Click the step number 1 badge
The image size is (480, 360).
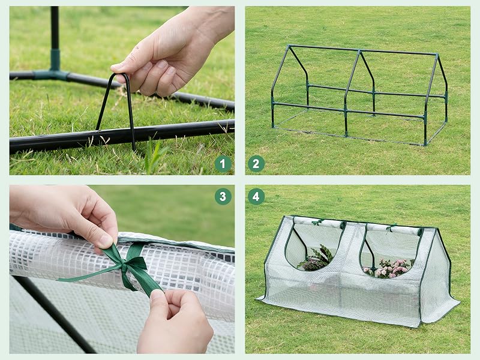click(x=223, y=164)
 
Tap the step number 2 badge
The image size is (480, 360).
click(x=256, y=164)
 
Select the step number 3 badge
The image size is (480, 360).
click(x=223, y=196)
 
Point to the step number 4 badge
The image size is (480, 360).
click(x=256, y=196)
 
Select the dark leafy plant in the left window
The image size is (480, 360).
click(x=316, y=259)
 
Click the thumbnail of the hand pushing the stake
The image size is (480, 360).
click(x=122, y=91)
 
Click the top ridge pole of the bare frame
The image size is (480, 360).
click(x=363, y=50)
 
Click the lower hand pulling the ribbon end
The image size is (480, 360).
click(x=175, y=322)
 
